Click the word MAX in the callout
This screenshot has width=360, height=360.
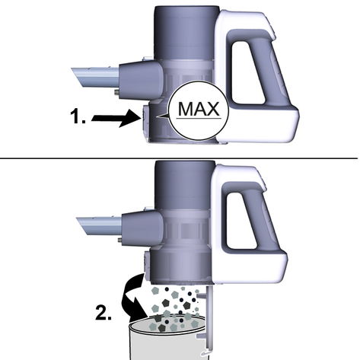(x=199, y=109)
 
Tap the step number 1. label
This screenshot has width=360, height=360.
(x=78, y=116)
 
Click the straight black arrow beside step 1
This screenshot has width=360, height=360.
(x=116, y=118)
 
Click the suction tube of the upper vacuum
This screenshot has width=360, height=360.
(x=95, y=77)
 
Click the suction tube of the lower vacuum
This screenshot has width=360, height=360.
(x=100, y=225)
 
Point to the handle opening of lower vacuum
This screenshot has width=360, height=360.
(x=241, y=221)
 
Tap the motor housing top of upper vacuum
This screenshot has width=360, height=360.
(x=186, y=32)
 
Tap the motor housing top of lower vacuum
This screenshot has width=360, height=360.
(x=185, y=185)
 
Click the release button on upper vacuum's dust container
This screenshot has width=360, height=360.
(x=144, y=121)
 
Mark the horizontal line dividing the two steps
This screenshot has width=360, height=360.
(x=179, y=158)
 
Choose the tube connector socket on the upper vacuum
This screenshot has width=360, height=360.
(x=140, y=79)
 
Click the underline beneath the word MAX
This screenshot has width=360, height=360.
(x=199, y=118)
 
